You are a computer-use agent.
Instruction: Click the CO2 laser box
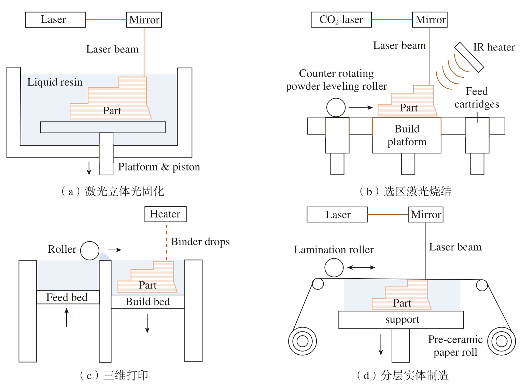(341, 20)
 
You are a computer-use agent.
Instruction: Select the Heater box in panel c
(165, 214)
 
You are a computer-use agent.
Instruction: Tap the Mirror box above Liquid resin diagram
(144, 20)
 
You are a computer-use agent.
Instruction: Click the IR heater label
(494, 47)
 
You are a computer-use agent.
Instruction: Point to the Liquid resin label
(55, 82)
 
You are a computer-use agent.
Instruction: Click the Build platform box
(407, 135)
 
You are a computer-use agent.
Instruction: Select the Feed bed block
(67, 297)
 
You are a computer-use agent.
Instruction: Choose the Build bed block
(147, 302)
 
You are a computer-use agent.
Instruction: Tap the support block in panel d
(401, 320)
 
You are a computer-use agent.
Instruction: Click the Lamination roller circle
(334, 267)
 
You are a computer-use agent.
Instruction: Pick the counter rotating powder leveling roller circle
(336, 108)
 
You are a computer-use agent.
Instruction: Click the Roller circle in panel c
(90, 251)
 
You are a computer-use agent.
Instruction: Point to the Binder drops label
(200, 242)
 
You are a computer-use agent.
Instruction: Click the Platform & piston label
(159, 167)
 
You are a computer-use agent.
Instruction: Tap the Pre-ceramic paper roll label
(455, 346)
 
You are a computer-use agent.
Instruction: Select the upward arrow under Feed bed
(67, 317)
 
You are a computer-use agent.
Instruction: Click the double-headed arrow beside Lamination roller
(361, 268)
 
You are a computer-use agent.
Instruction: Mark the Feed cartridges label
(477, 98)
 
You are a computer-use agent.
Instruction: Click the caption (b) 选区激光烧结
(405, 192)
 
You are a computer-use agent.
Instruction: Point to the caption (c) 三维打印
(114, 375)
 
